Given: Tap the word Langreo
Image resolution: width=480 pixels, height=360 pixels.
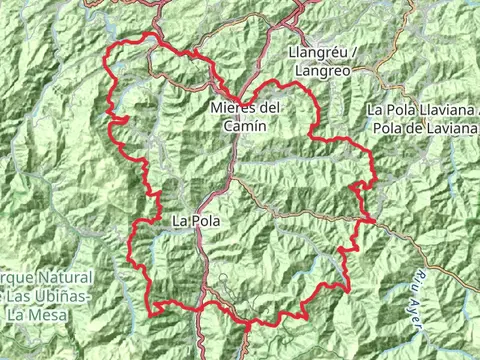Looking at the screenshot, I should click(x=322, y=71).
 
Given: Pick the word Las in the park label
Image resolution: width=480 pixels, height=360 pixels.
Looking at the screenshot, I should click(x=24, y=296).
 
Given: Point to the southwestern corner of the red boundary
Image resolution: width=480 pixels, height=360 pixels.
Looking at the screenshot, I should click(x=152, y=312).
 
